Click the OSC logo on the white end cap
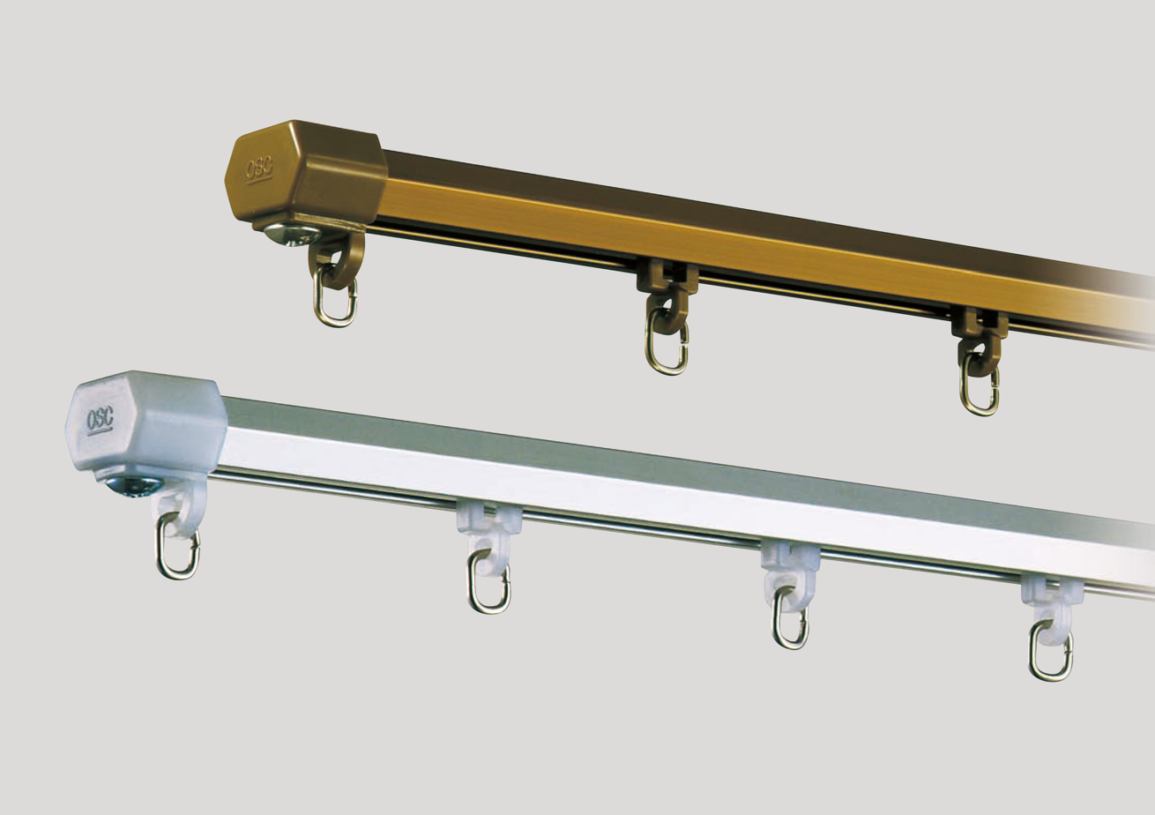[100, 419]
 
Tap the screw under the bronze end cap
[291, 236]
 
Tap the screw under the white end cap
[133, 485]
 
